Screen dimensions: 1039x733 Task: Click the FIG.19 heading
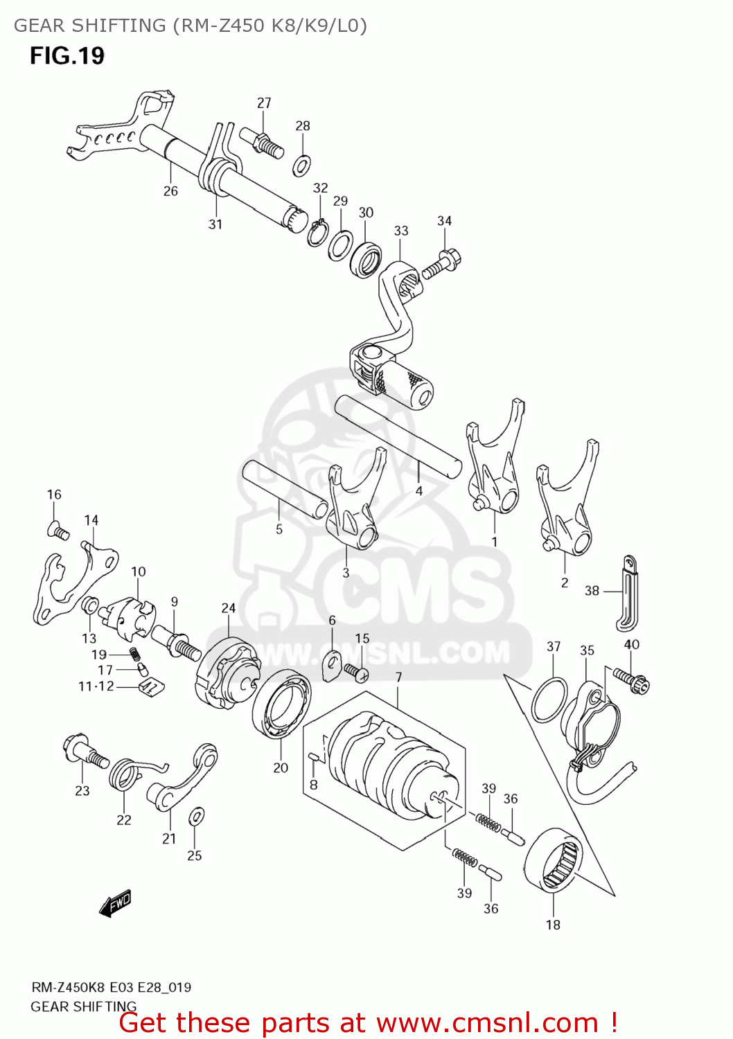coord(67,55)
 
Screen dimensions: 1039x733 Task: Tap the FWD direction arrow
coord(115,903)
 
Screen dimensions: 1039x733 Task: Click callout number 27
coord(264,103)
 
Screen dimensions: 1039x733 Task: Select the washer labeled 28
coord(302,166)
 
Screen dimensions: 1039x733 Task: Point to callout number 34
coord(444,220)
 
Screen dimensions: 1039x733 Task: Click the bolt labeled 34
coord(441,265)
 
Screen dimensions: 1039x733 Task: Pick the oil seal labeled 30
coord(366,259)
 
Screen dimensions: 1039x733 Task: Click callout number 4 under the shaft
coord(418,491)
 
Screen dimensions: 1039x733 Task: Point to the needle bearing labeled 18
coord(554,859)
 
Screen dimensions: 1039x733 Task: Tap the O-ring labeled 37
coord(549,700)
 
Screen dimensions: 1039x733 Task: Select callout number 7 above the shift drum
coord(398,677)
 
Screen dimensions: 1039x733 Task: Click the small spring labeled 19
coord(135,653)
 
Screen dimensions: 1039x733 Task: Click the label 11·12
coord(96,686)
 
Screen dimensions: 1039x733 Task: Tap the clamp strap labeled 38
coord(628,592)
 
